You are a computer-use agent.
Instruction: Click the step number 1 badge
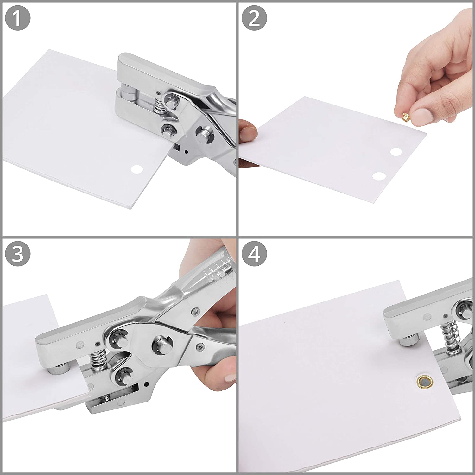(x=18, y=18)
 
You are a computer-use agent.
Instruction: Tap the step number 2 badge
(x=254, y=18)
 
